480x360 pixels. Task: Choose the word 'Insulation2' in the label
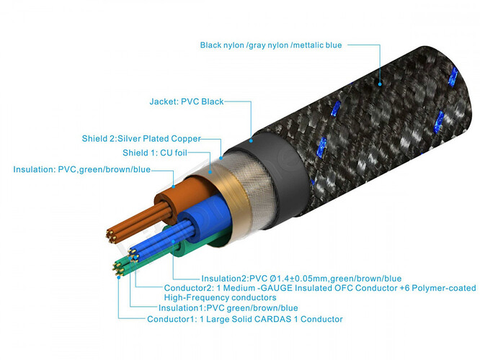point(224,278)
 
